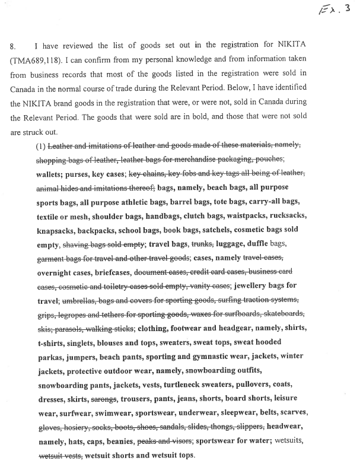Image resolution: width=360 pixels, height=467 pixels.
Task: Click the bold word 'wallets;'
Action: point(52,174)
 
